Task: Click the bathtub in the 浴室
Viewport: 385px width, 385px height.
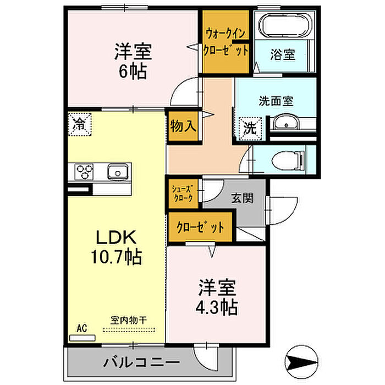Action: [285, 25]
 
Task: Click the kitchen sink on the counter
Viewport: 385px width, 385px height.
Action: [118, 172]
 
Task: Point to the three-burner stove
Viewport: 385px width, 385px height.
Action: [85, 171]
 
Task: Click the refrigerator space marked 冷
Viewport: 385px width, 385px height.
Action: [80, 124]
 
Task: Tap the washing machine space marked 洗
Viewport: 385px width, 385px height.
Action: [250, 129]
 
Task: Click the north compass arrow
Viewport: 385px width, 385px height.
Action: [301, 361]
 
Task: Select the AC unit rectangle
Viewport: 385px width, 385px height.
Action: [82, 338]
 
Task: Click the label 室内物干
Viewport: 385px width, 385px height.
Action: [128, 320]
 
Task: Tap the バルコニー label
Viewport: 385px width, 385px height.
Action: [141, 362]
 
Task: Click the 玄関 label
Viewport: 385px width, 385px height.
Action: [243, 198]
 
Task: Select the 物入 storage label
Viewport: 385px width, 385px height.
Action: [183, 127]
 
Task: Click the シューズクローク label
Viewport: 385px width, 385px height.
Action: [182, 193]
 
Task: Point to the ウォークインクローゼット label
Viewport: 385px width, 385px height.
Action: [226, 42]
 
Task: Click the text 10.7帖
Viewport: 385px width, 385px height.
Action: [117, 256]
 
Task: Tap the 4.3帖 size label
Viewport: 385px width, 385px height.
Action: [217, 307]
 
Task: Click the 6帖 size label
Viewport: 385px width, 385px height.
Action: [133, 71]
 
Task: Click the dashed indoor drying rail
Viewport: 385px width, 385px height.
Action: [129, 330]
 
